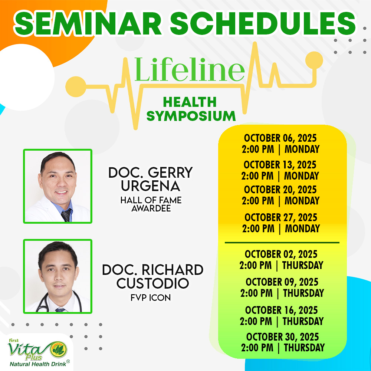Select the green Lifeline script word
(190, 70)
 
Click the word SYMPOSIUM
(191, 116)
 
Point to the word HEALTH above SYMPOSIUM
(190, 102)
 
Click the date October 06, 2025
(280, 138)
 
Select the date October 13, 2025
(280, 165)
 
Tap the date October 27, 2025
(281, 217)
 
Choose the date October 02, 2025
(281, 254)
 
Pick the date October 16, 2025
(282, 310)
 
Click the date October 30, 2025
(282, 337)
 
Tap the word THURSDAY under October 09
(303, 293)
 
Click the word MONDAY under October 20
(302, 201)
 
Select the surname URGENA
(151, 186)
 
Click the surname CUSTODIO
(152, 283)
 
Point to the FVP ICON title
(151, 298)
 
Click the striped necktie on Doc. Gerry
(66, 215)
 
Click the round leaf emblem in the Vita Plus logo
(59, 349)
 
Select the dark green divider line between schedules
(282, 243)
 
